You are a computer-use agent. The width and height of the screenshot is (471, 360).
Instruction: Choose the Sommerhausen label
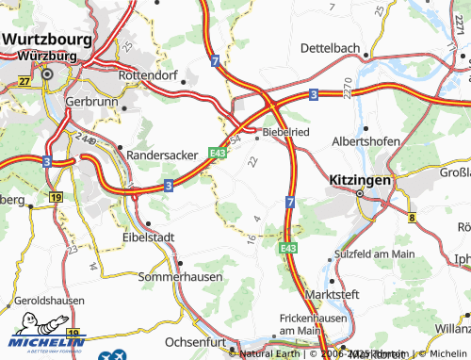click(x=178, y=279)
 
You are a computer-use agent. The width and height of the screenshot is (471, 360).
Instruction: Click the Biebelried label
click(x=288, y=133)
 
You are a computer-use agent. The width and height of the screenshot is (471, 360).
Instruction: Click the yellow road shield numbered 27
click(x=24, y=82)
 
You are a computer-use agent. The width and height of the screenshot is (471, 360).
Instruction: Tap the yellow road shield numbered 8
click(x=412, y=218)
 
